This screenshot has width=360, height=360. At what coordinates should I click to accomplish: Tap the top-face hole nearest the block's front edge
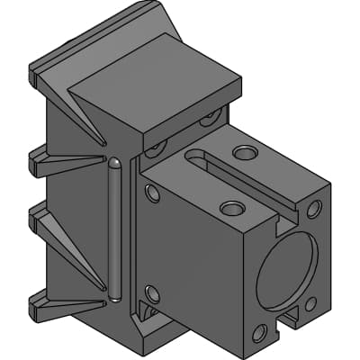(231, 209)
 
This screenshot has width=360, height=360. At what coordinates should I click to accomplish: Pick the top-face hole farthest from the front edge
(244, 153)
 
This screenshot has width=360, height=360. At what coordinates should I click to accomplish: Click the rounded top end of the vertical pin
(116, 165)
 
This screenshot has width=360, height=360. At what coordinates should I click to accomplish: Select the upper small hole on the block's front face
(151, 193)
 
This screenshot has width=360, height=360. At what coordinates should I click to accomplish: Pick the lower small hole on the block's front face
(152, 293)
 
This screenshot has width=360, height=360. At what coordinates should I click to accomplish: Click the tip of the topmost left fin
(36, 73)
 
